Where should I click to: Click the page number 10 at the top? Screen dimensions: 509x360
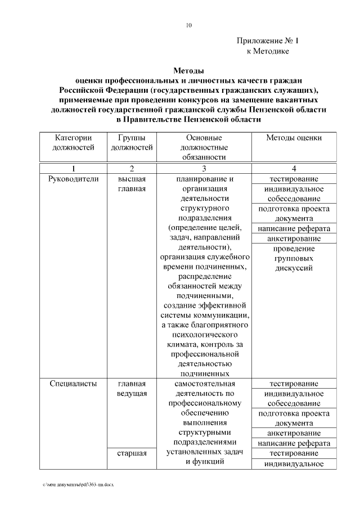(188, 25)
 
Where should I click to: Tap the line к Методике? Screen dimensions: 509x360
(268, 51)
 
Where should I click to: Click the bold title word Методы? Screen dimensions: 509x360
(188, 71)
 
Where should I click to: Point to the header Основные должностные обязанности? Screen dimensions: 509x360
(204, 147)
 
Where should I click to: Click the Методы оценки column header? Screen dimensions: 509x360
(294, 138)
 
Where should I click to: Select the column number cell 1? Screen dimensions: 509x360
(73, 169)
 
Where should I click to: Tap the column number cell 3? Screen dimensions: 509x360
(204, 169)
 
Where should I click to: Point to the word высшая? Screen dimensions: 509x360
(132, 179)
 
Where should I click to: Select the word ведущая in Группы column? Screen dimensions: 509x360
(132, 393)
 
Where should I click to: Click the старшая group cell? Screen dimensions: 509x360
(132, 453)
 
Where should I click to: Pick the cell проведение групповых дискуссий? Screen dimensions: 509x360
(294, 258)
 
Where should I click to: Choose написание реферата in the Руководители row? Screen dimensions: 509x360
(294, 228)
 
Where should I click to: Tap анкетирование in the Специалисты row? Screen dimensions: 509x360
(294, 433)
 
